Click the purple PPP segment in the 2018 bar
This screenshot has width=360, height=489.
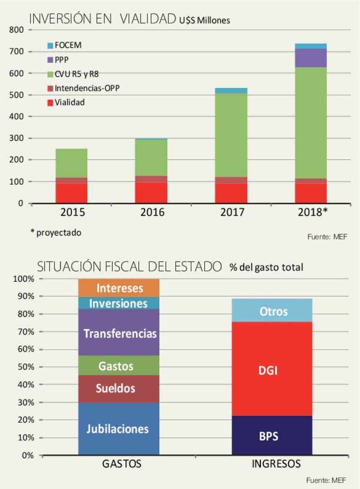pyautogui.click(x=310, y=58)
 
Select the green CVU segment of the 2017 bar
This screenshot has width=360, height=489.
pyautogui.click(x=231, y=135)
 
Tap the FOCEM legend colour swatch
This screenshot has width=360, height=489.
pyautogui.click(x=50, y=45)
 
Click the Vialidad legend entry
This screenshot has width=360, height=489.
pyautogui.click(x=69, y=102)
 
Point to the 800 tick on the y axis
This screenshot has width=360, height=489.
pyautogui.click(x=16, y=30)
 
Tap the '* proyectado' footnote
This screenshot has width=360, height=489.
pyautogui.click(x=55, y=233)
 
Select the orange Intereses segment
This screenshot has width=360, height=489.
pyautogui.click(x=119, y=288)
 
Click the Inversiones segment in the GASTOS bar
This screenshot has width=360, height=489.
pyautogui.click(x=119, y=303)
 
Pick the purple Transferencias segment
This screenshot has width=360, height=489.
pyautogui.click(x=119, y=333)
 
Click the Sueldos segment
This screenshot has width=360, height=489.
pyautogui.click(x=119, y=388)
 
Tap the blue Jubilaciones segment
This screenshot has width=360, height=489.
pyautogui.click(x=119, y=429)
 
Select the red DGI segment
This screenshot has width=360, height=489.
pyautogui.click(x=272, y=369)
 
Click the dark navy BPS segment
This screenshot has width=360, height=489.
pyautogui.click(x=272, y=435)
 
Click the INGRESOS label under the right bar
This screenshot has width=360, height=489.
pyautogui.click(x=276, y=464)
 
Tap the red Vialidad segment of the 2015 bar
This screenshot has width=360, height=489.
pyautogui.click(x=72, y=193)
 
